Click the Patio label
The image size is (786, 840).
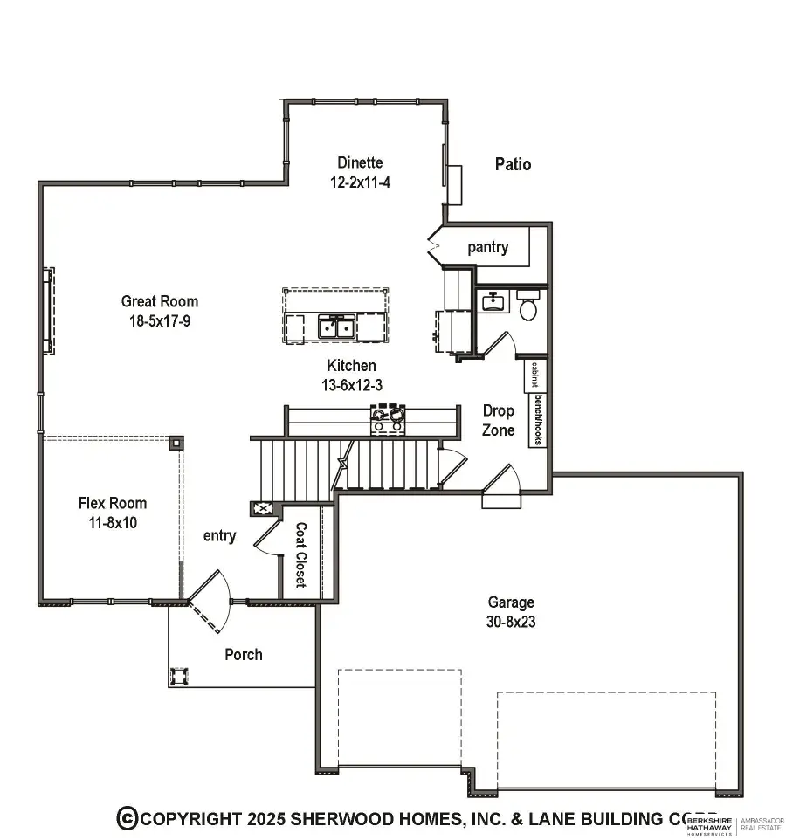click(x=513, y=164)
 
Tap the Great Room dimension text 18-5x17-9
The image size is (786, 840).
click(x=160, y=320)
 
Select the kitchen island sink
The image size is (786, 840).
click(x=335, y=327)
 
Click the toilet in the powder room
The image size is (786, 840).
click(x=527, y=306)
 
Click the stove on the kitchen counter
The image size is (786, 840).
click(x=389, y=419)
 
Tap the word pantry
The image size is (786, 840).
click(x=487, y=248)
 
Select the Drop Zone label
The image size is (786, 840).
click(x=499, y=420)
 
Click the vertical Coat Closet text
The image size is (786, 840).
click(x=300, y=554)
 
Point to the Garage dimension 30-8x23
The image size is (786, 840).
click(x=511, y=623)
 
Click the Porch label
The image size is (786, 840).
click(x=243, y=654)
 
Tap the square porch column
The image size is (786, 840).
click(x=181, y=677)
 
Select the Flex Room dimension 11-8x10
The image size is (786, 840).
click(x=113, y=523)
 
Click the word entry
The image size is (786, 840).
click(x=219, y=536)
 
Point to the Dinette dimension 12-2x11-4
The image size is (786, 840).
click(x=360, y=182)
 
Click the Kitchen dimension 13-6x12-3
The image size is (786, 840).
click(x=352, y=384)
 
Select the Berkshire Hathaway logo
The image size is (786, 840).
click(x=710, y=825)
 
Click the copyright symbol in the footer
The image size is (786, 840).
click(x=128, y=818)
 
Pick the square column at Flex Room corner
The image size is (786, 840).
click(x=176, y=443)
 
